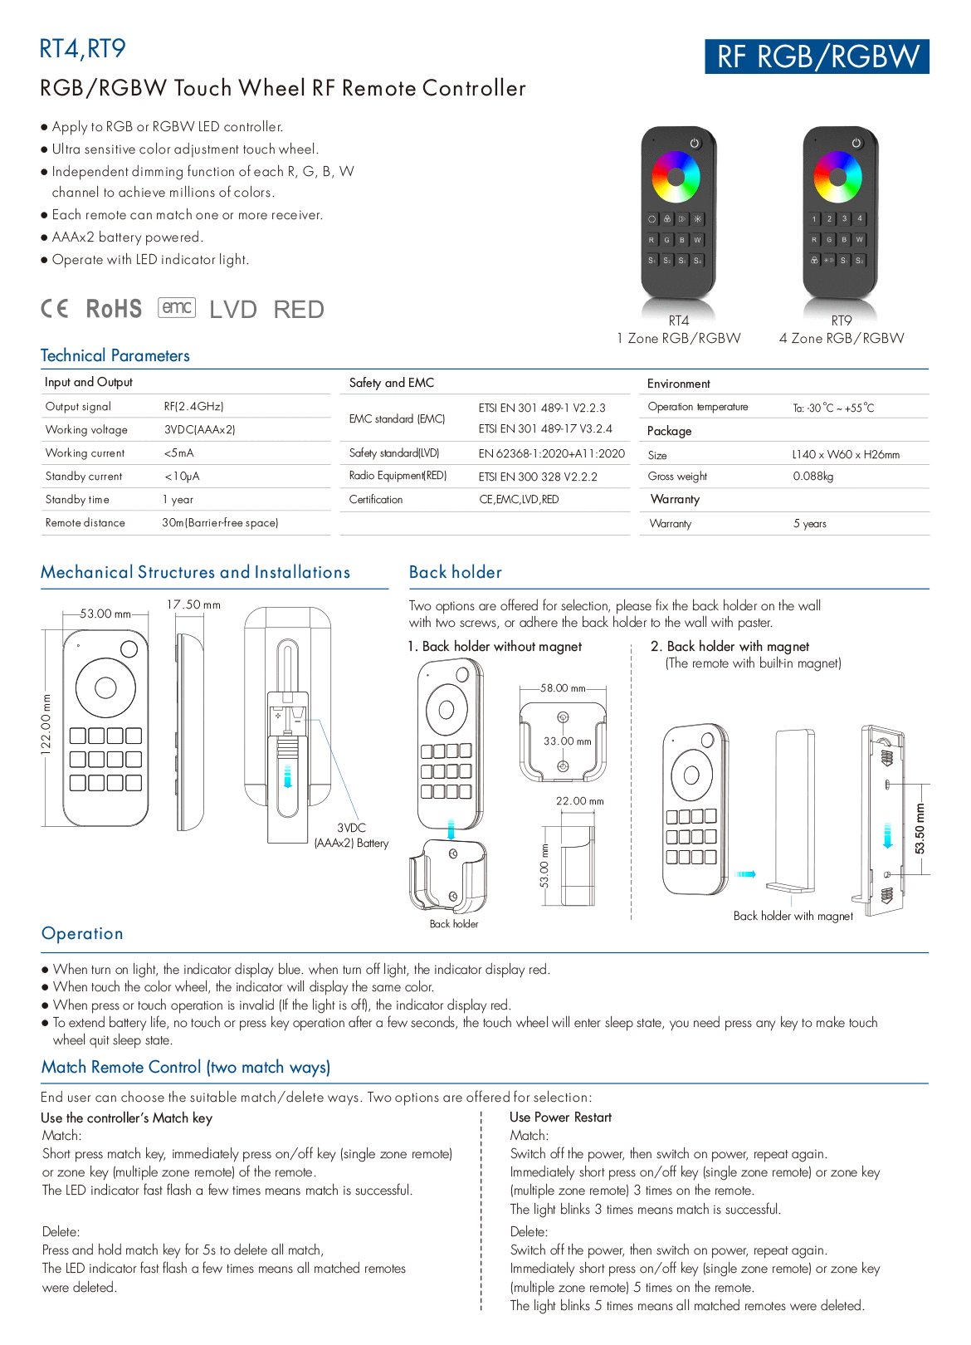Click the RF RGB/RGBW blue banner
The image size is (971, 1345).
(817, 56)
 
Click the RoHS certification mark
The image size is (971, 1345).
(114, 309)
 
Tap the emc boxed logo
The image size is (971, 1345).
(177, 307)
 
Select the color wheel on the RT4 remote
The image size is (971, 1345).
(676, 176)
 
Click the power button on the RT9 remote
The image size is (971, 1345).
(856, 144)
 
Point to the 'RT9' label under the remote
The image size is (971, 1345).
(841, 320)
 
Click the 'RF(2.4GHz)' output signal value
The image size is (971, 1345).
(193, 406)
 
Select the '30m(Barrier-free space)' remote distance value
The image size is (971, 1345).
(220, 522)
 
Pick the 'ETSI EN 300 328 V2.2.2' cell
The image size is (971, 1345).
(537, 477)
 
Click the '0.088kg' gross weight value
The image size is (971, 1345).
(812, 476)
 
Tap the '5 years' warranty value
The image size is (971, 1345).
(809, 523)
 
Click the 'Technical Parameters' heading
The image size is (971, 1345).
(115, 355)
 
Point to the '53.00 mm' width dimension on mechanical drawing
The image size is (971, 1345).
(105, 614)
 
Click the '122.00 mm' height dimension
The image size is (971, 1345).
(46, 722)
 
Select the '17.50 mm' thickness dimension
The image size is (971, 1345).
(193, 604)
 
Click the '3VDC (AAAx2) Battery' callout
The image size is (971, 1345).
(351, 835)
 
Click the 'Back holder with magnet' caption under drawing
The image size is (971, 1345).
(793, 916)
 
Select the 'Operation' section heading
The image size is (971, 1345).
(82, 933)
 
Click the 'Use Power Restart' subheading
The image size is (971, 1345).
(560, 1118)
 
